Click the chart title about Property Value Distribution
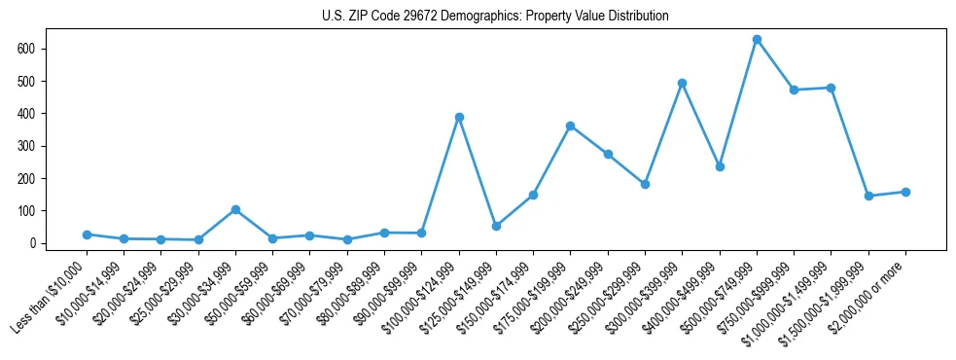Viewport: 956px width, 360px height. [495, 17]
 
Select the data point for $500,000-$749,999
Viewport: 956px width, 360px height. [757, 40]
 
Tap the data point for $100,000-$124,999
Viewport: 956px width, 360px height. [459, 117]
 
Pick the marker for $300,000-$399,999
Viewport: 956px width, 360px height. [683, 83]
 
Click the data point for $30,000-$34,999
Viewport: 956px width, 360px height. [235, 209]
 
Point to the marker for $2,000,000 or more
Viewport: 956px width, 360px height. [905, 192]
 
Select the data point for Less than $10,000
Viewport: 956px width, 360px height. [87, 234]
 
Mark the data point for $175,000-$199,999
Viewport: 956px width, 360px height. [571, 126]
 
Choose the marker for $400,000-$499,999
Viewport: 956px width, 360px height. [720, 166]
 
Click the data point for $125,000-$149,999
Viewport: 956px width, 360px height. [496, 226]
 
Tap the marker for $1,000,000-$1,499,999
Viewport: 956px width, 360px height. [832, 88]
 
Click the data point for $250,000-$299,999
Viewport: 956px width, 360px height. [645, 184]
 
